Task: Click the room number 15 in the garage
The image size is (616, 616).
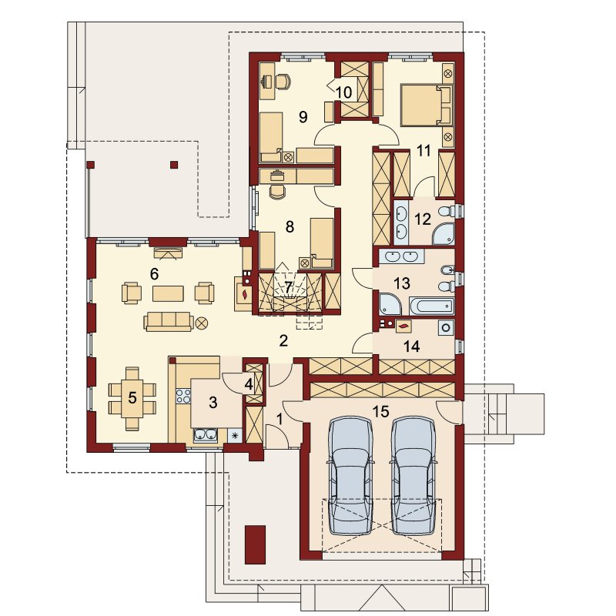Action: point(380,411)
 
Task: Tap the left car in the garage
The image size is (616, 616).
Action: point(350,476)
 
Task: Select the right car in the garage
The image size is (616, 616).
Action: point(413,476)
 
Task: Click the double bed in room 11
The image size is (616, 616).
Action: point(427,105)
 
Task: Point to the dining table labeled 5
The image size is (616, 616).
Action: point(132,398)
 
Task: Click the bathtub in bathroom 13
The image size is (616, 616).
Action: point(432,306)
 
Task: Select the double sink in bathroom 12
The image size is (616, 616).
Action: point(401,220)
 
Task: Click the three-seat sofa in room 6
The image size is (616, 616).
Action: point(169,322)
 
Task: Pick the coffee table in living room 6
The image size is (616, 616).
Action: point(168,293)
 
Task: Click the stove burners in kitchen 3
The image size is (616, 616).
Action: point(183,396)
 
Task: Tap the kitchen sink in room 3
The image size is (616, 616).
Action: point(205,435)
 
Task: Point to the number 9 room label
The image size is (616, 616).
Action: point(303,117)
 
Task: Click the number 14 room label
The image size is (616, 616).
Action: point(411,346)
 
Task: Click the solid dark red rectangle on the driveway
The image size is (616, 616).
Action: point(256,544)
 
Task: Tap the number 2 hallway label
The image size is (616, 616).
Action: point(283,340)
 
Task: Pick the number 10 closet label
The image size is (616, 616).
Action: point(343,92)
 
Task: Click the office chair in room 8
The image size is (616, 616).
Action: point(278,192)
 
